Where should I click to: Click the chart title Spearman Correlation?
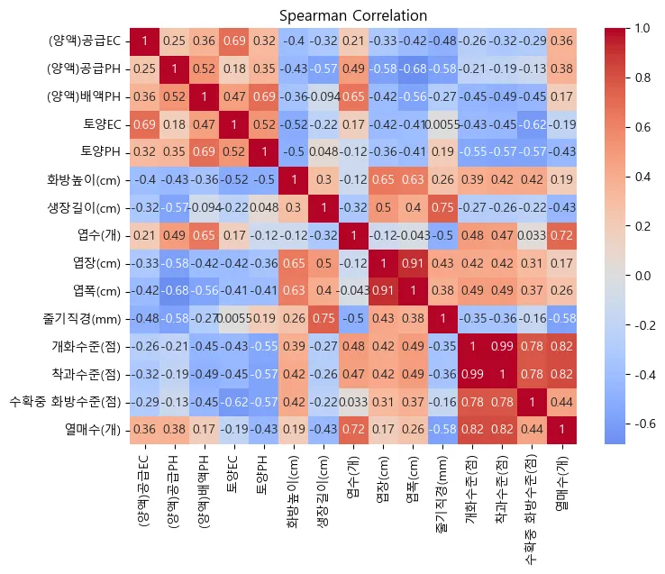[x=353, y=15]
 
